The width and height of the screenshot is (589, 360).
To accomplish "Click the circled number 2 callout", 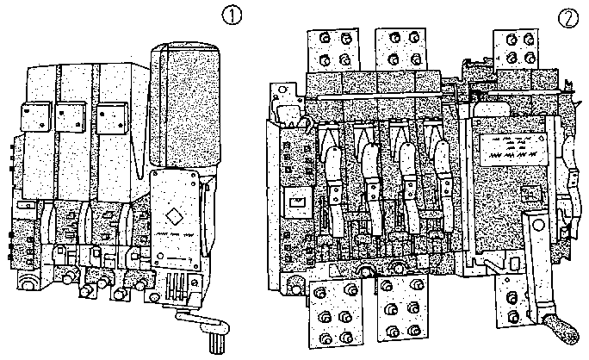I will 567,17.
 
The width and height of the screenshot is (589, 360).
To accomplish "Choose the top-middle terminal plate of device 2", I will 406,48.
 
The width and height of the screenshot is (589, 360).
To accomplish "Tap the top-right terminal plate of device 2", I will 520,48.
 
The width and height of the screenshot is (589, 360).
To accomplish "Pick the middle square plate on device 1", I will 70,115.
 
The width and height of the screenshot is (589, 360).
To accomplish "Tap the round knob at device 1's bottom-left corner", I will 26,284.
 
